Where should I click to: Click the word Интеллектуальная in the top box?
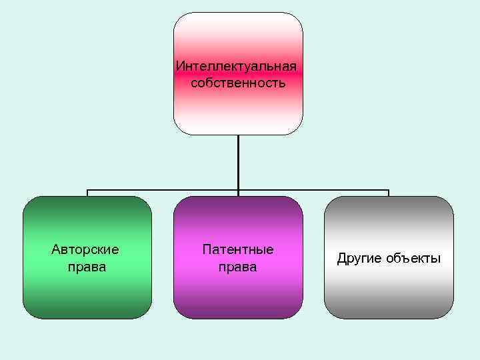pos(236,67)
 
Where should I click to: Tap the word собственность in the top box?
pos(238,83)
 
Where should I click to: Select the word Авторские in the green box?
pos(85,250)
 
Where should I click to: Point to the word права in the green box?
pos(87,267)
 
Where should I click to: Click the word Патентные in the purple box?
pos(238,250)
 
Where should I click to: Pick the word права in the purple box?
pos(238,267)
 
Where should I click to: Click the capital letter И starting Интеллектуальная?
pos(179,67)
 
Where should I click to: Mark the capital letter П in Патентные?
pos(207,250)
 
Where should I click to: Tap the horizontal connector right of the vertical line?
pos(313,190)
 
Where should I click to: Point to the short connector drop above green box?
pos(87,193)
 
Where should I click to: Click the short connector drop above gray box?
pos(389,193)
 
